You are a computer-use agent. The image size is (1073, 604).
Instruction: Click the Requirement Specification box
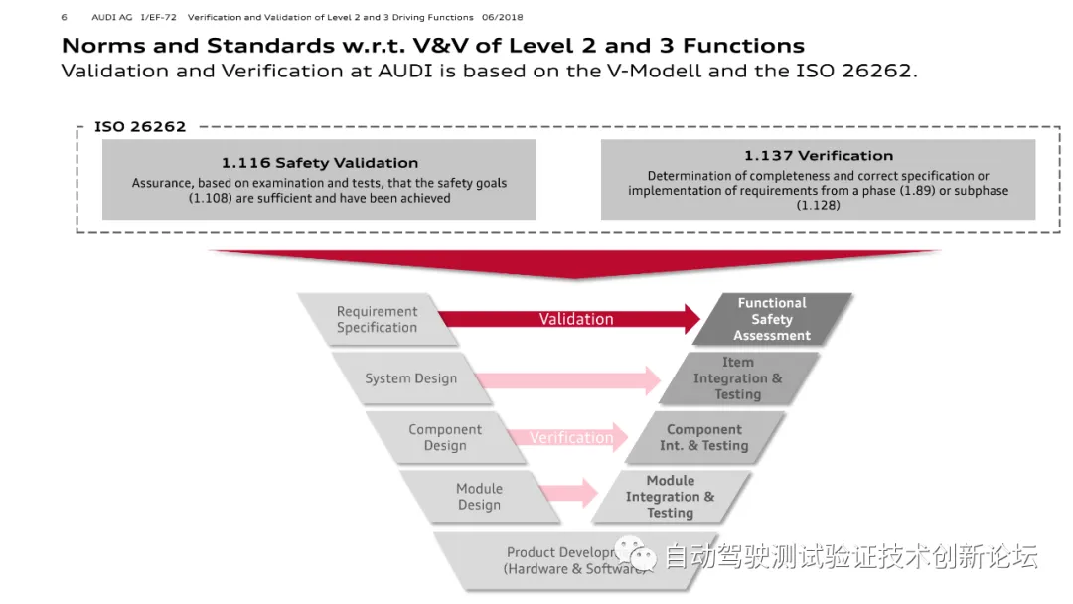(x=376, y=319)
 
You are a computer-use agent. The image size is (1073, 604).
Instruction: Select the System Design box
(x=410, y=378)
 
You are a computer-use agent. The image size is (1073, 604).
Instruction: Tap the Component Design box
(x=444, y=437)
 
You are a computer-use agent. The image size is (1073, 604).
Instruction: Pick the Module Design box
(x=479, y=496)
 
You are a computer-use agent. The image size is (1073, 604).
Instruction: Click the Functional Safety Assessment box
(x=772, y=319)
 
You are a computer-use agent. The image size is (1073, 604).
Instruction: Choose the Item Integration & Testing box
(x=737, y=378)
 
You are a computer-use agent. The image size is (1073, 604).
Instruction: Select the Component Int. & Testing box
(x=703, y=437)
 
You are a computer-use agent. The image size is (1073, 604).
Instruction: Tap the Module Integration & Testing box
(x=670, y=496)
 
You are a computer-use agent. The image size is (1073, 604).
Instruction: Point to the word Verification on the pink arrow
(x=571, y=437)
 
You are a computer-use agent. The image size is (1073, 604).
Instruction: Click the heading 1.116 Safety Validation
(x=319, y=163)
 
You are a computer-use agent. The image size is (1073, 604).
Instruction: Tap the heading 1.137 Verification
(x=818, y=156)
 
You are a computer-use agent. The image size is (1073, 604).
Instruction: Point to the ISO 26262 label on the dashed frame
(x=140, y=127)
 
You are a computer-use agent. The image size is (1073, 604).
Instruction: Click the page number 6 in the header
(x=65, y=17)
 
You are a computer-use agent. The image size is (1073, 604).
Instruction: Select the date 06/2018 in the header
(x=502, y=17)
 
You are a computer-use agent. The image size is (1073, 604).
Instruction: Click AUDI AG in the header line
(x=110, y=17)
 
